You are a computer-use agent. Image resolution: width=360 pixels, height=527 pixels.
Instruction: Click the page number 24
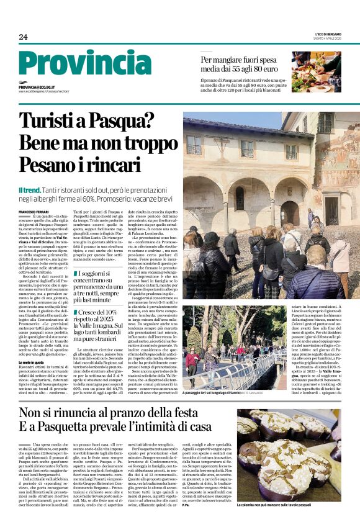tap(23, 37)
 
